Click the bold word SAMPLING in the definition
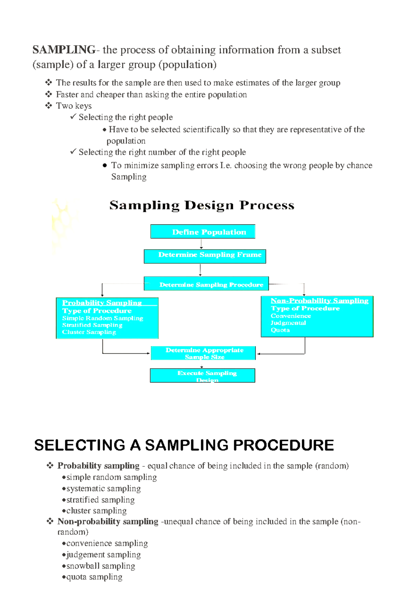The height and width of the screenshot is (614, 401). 64,50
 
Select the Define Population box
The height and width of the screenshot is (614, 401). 203,232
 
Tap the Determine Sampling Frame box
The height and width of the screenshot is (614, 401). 205,256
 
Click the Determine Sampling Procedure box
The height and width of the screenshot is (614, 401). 207,284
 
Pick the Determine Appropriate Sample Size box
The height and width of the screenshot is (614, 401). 203,353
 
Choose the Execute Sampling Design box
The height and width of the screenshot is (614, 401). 203,375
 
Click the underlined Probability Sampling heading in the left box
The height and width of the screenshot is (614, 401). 102,302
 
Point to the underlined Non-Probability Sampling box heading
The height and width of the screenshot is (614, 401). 319,300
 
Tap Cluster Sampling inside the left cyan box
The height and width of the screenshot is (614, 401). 89,332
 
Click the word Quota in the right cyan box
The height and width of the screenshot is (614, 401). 280,330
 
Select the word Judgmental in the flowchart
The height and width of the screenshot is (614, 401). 288,323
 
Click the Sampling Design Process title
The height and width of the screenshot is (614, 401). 202,205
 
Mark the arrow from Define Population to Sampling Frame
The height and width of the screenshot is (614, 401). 201,244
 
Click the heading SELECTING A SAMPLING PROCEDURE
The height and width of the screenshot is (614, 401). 184,445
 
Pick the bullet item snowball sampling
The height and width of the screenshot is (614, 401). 101,566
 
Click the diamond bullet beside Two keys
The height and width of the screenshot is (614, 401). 49,106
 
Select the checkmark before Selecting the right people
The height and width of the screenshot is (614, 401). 73,116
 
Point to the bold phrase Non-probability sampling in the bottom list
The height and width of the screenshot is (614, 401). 108,521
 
